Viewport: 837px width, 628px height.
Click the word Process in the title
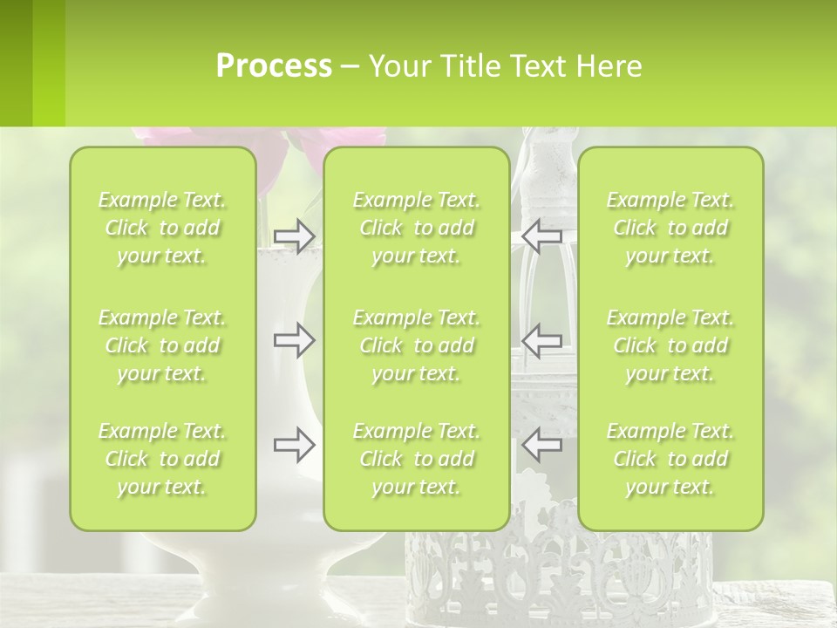click(x=274, y=66)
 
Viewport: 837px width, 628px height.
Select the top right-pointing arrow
click(x=294, y=236)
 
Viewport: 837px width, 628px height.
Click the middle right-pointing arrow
click(x=294, y=340)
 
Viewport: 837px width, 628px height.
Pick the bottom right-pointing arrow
click(x=294, y=445)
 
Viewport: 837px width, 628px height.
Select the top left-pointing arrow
click(x=541, y=236)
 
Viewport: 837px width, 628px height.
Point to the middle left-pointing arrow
click(x=541, y=340)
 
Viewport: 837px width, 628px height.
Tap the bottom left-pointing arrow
click(x=541, y=445)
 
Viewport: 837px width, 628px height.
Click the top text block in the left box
click(x=162, y=228)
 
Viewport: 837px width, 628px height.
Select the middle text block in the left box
click(x=162, y=345)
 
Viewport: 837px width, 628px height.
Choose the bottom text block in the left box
click(x=162, y=459)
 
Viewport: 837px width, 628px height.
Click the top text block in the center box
click(x=417, y=228)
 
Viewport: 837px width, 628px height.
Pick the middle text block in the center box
click(x=417, y=345)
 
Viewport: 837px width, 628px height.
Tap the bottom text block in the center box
click(x=417, y=459)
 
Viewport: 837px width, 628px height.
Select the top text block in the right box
click(x=670, y=228)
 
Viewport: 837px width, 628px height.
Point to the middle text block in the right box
click(x=670, y=345)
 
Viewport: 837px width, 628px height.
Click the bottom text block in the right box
click(x=670, y=459)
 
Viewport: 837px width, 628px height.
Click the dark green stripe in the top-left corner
click(x=16, y=63)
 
